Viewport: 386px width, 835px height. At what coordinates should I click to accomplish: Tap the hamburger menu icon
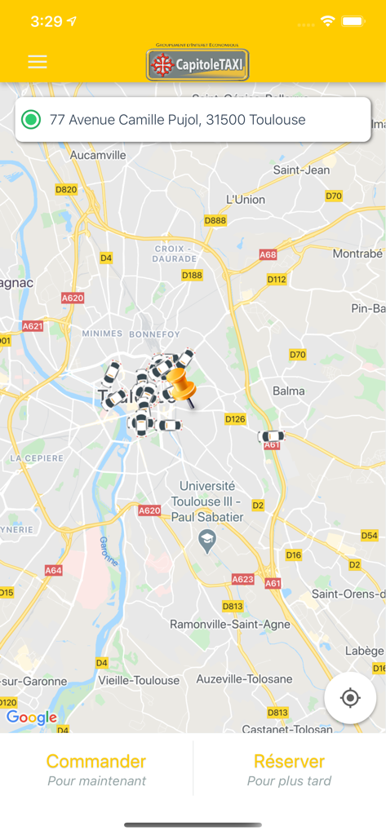(x=38, y=62)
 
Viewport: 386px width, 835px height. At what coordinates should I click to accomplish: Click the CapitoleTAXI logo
(x=197, y=64)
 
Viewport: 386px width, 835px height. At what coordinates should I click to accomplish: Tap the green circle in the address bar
(x=31, y=120)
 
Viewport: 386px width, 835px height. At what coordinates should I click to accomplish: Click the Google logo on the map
(x=32, y=718)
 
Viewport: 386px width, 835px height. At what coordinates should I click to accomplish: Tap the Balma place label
(x=289, y=391)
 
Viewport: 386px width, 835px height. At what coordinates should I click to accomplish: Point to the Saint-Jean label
(x=301, y=170)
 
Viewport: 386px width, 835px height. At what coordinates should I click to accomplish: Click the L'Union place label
(x=246, y=199)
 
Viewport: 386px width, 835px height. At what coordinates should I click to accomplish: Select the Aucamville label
(x=98, y=154)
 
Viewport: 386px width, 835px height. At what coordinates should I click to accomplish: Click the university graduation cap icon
(x=207, y=541)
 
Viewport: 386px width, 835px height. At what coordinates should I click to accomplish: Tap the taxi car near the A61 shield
(x=271, y=436)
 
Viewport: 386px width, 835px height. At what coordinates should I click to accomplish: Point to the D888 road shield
(x=215, y=221)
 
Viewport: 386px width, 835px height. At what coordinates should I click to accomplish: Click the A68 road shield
(x=268, y=254)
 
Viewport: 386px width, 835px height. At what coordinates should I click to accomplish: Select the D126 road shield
(x=235, y=419)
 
